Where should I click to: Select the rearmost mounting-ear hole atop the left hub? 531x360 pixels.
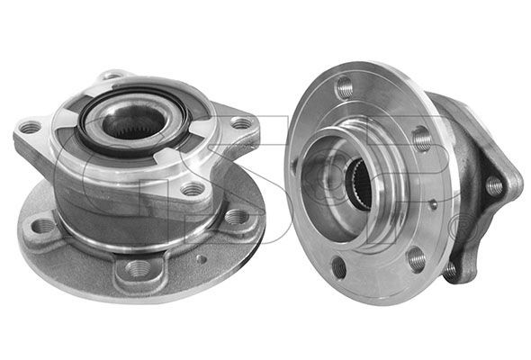pyautogui.click(x=112, y=76)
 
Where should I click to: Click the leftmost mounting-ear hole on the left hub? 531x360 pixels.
pyautogui.click(x=30, y=128)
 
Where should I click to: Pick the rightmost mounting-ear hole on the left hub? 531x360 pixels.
pyautogui.click(x=241, y=123)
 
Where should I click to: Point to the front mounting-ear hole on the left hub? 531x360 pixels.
pyautogui.click(x=192, y=189)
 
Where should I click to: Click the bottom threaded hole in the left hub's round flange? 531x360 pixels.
pyautogui.click(x=138, y=268)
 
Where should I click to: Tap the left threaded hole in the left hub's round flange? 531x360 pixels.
pyautogui.click(x=43, y=226)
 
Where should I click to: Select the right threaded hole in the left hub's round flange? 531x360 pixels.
pyautogui.click(x=236, y=217)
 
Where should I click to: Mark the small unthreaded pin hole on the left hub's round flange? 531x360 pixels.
pyautogui.click(x=202, y=258)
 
